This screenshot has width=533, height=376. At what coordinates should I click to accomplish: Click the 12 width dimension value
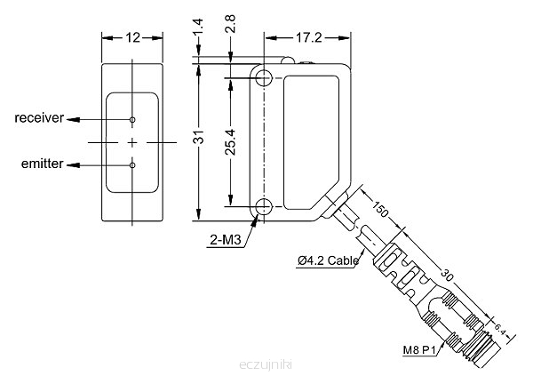[132, 37]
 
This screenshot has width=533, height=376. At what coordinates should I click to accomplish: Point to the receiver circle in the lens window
[132, 119]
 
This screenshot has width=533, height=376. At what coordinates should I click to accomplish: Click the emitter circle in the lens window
[132, 164]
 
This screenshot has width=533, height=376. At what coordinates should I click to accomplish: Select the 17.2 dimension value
[308, 37]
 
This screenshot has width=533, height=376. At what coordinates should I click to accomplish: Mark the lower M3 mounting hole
[264, 209]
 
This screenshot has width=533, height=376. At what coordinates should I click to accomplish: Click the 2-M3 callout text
[227, 240]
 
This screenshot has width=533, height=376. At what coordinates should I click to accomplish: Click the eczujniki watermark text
[266, 364]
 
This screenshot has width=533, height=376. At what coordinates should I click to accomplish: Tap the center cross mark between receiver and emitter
[132, 142]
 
